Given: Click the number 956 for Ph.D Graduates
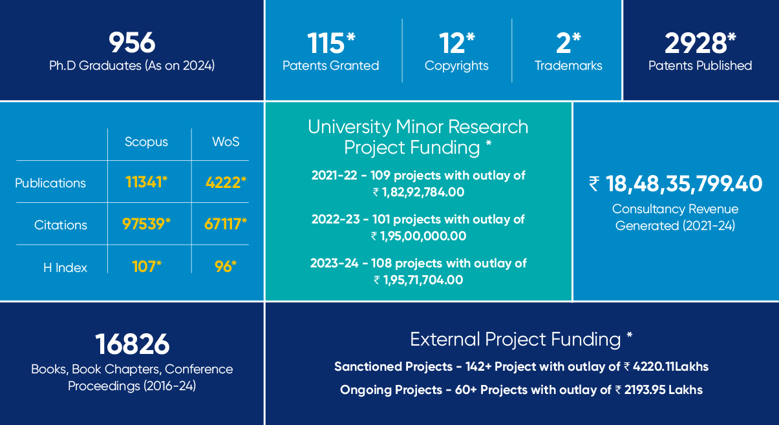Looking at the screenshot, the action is click(132, 43).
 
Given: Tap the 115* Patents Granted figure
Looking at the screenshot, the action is click(331, 43).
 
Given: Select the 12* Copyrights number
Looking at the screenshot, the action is click(456, 43).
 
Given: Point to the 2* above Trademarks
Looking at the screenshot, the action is click(568, 43).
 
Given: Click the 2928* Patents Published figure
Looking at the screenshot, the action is click(700, 43).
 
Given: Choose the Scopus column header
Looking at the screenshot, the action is click(146, 142).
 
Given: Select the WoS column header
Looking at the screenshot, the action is click(226, 142).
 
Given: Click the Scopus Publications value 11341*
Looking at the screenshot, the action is click(146, 182).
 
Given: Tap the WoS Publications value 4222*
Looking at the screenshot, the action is click(226, 182).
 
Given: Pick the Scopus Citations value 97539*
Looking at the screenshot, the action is click(146, 224).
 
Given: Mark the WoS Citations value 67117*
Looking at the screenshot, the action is click(226, 224).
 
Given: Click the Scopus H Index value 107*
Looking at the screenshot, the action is click(147, 267).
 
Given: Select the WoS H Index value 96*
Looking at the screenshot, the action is click(226, 267).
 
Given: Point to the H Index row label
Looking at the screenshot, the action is click(65, 267).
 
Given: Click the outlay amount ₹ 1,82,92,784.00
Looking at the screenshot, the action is click(418, 192).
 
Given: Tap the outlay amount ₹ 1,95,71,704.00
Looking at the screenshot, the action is click(418, 280).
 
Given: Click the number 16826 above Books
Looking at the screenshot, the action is click(132, 344).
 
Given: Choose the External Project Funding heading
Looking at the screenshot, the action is click(521, 340).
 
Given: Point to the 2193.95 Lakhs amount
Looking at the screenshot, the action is click(663, 390).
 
